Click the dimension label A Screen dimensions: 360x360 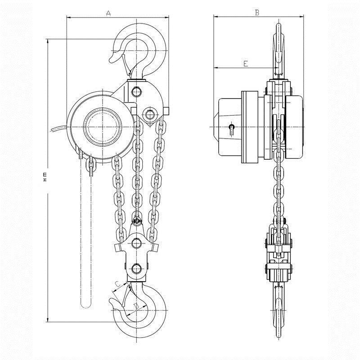point(108,13)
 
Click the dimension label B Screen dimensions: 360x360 point(257,13)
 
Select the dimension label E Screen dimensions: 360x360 point(245,64)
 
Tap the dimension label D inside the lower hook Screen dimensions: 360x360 point(135,306)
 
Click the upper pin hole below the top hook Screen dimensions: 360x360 point(136,91)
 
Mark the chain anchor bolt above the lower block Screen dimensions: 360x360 point(137,221)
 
